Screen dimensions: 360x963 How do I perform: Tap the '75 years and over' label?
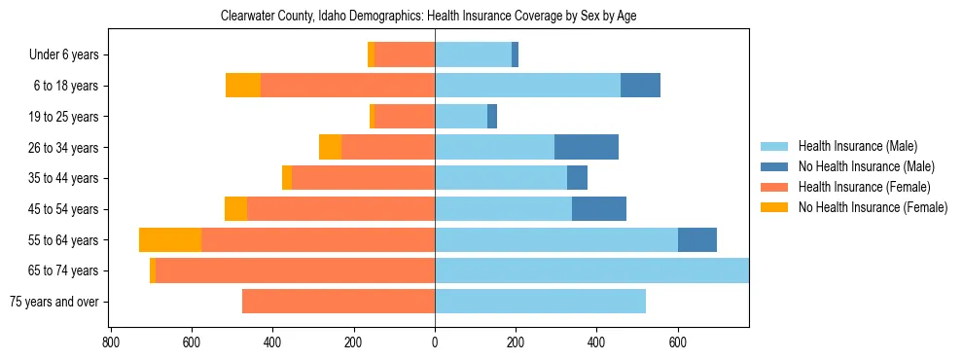(x=54, y=302)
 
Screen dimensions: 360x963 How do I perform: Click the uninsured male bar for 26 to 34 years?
(x=587, y=147)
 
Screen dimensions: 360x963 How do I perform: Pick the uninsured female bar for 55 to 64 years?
(x=170, y=239)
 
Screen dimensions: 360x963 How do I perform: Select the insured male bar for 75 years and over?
(x=540, y=302)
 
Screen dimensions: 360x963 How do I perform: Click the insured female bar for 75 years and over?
(x=339, y=302)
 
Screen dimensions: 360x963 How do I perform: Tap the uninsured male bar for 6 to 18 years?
(x=640, y=86)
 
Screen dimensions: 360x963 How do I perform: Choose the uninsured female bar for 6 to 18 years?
(x=243, y=86)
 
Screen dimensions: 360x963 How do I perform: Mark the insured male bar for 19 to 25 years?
(x=461, y=117)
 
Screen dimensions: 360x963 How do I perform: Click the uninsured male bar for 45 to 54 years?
(x=599, y=209)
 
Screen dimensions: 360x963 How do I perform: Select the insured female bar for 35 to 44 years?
(x=363, y=178)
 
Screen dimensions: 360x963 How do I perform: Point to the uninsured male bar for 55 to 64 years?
(x=697, y=239)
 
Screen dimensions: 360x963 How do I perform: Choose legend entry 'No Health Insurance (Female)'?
(x=873, y=207)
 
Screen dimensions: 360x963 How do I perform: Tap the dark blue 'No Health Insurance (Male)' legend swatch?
(x=775, y=166)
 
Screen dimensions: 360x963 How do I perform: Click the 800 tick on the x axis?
(x=111, y=342)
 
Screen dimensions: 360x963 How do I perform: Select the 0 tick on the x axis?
(x=435, y=342)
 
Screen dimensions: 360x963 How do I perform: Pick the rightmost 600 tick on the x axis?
(x=678, y=342)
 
